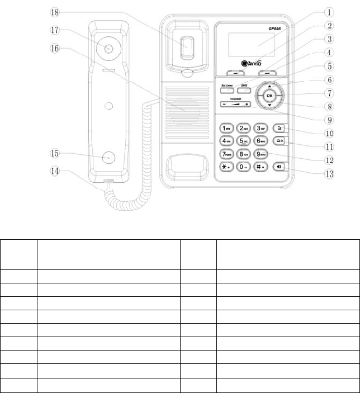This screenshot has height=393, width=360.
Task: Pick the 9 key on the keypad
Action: coord(260,154)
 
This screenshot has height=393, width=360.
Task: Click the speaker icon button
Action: coord(280,166)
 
